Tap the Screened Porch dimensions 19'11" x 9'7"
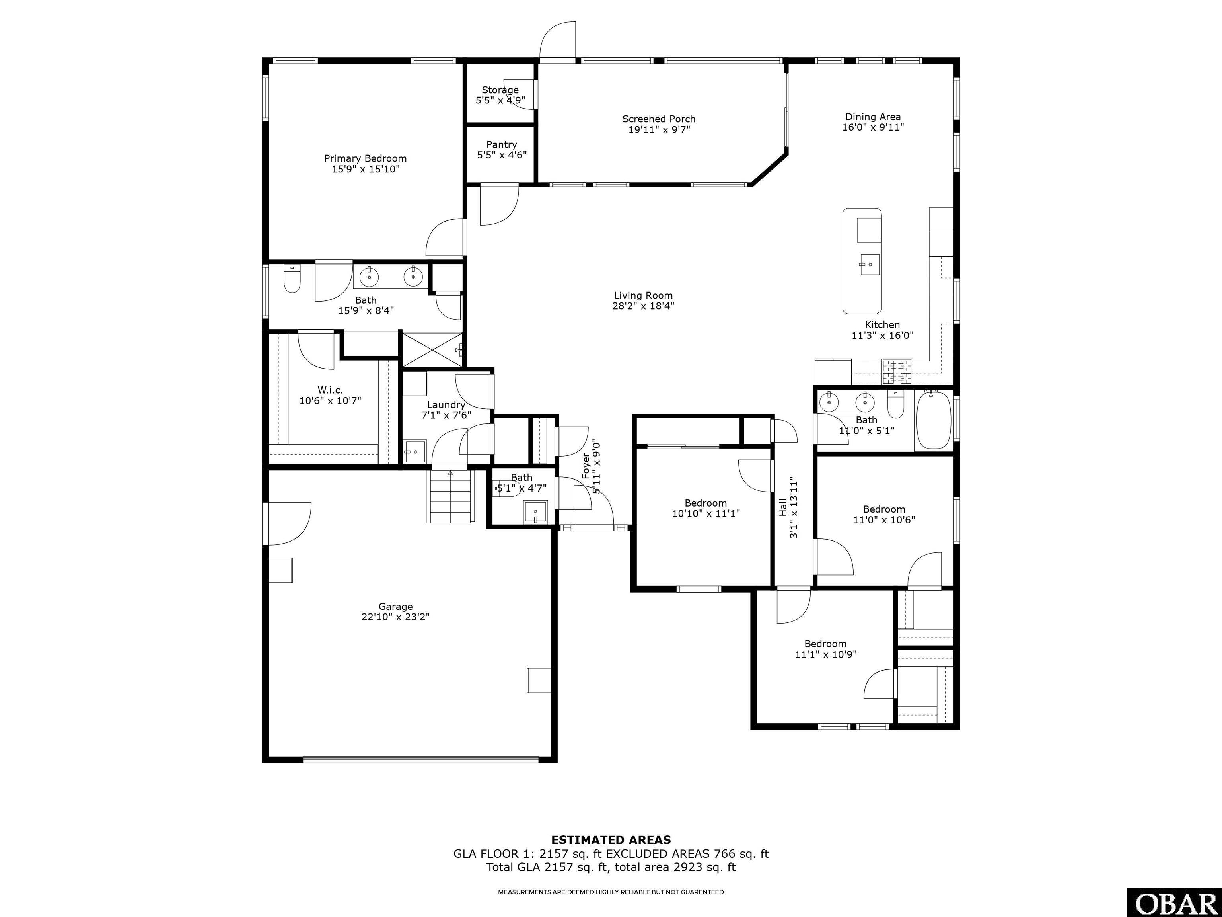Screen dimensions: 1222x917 [659, 129]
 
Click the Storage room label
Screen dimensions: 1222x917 [500, 90]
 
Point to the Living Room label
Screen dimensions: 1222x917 [643, 295]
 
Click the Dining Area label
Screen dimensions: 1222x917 [873, 117]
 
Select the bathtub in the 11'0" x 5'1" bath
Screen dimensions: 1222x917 [934, 420]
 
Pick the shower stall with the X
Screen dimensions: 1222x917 [432, 349]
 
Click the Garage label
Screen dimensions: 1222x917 [395, 607]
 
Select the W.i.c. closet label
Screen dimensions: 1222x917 [330, 390]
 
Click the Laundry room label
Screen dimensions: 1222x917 [446, 405]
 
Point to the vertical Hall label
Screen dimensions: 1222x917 [782, 507]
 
